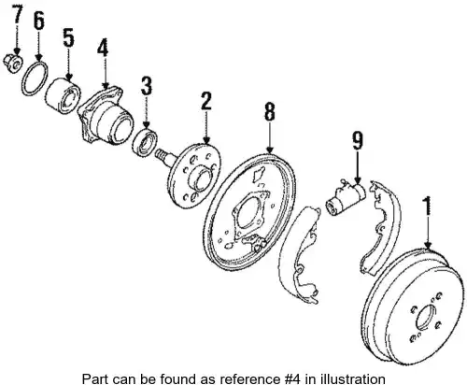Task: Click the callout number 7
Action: coord(17,15)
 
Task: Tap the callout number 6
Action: coord(38,21)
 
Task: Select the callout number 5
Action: coord(69,38)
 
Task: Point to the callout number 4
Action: coord(103,49)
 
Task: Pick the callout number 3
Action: coord(147,86)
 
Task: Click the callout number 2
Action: coord(205,101)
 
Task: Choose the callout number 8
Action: coord(270,111)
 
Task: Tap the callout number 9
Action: coord(358,140)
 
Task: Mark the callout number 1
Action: coord(428,206)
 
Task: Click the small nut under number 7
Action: coord(13,63)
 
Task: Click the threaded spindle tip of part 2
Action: coord(162,154)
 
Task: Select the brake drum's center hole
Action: coord(426,317)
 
